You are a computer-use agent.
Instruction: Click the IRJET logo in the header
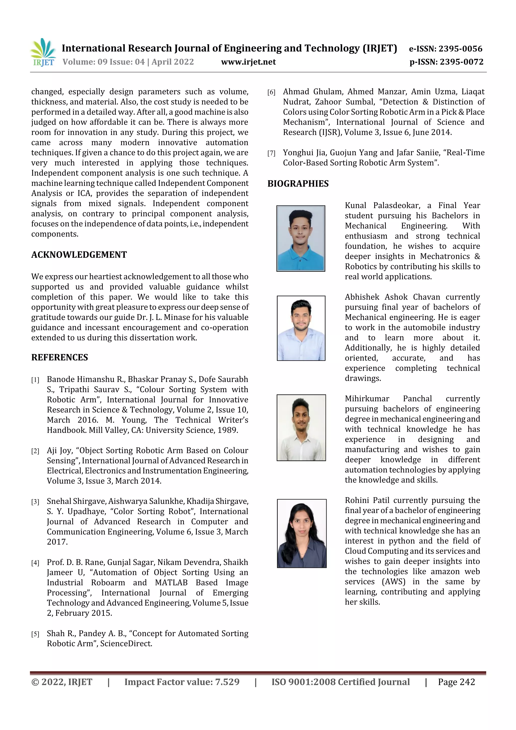click(x=43, y=52)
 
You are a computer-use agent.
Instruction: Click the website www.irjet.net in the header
click(x=248, y=62)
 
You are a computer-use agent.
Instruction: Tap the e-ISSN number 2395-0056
click(x=460, y=49)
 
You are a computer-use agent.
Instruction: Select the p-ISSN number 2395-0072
click(x=461, y=62)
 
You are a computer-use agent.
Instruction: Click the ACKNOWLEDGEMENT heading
click(x=79, y=255)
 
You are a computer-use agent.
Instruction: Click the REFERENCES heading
click(x=59, y=357)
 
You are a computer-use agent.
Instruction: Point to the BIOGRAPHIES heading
click(x=298, y=184)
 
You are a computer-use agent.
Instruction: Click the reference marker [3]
click(x=35, y=502)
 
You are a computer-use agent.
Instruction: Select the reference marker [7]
click(x=271, y=153)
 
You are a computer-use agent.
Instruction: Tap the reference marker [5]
click(x=35, y=634)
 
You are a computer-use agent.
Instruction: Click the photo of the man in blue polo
click(x=300, y=238)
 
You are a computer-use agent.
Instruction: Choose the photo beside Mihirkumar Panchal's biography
click(x=301, y=428)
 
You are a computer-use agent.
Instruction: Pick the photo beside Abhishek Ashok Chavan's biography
click(x=301, y=328)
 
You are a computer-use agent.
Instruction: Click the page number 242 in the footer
click(x=467, y=682)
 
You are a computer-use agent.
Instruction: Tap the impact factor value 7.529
click(x=227, y=682)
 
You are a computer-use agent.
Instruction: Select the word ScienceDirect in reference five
click(x=126, y=644)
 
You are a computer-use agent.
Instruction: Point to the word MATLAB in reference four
click(x=171, y=583)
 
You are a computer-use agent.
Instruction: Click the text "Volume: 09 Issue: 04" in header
click(x=103, y=62)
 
